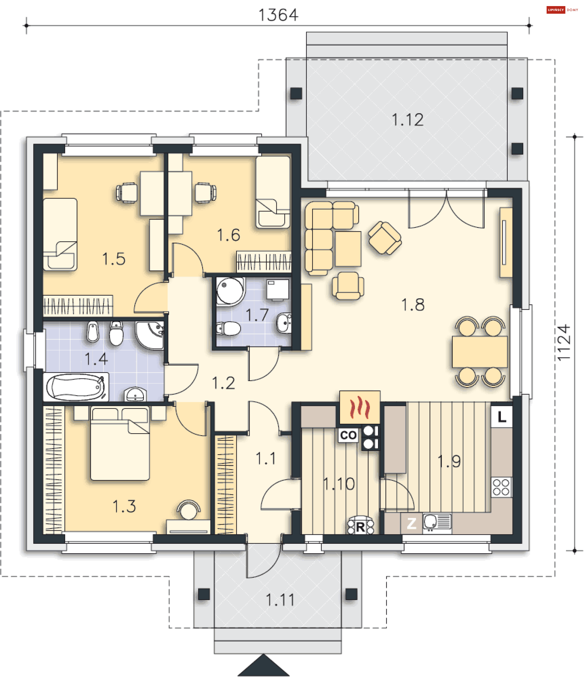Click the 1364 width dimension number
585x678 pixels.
tap(278, 15)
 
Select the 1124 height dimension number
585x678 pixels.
tap(563, 343)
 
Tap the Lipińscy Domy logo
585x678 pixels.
tap(562, 10)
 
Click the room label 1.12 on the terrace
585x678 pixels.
tap(407, 120)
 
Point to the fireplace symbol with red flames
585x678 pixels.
tap(360, 407)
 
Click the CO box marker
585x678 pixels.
tap(348, 435)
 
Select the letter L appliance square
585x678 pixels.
tap(502, 417)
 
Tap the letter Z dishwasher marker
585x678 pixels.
tap(411, 524)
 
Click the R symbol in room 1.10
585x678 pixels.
tap(360, 526)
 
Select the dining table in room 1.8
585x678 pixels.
tap(480, 352)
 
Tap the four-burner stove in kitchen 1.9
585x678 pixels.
tap(501, 487)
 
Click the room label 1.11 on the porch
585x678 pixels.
tap(280, 600)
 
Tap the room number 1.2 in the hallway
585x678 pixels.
tap(223, 383)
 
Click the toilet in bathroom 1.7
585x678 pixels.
tap(228, 328)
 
